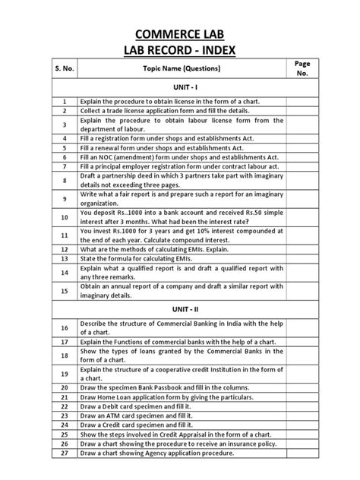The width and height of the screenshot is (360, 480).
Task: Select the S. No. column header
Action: tap(65, 68)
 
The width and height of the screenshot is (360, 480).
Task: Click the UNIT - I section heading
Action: tap(180, 87)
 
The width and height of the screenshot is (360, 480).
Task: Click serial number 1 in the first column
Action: tap(65, 100)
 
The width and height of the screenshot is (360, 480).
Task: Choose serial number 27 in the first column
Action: tap(65, 453)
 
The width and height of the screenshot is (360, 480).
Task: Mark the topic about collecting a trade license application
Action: tap(164, 111)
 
